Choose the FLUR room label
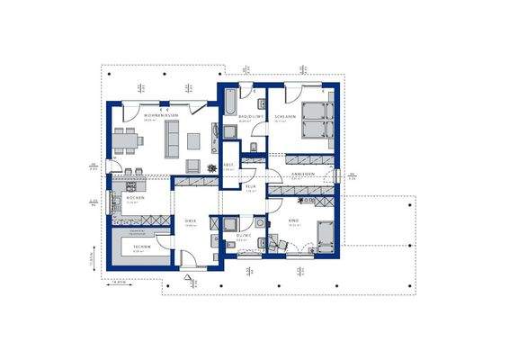(252, 186)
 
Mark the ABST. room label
(228, 165)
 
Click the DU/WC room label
(242, 235)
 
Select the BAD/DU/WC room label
(249, 116)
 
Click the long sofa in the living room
(170, 139)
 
